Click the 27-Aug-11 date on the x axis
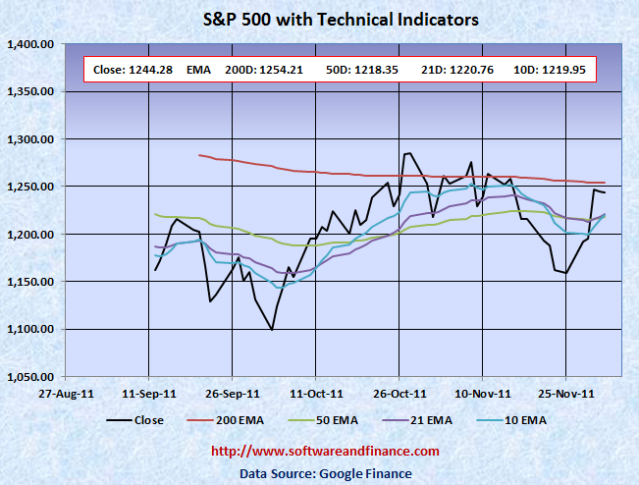click(66, 394)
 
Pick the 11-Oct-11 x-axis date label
click(316, 394)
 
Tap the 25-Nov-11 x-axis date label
click(566, 394)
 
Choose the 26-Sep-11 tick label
click(233, 394)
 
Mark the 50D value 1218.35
click(367, 70)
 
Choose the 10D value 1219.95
click(558, 70)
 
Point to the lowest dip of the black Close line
click(272, 330)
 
